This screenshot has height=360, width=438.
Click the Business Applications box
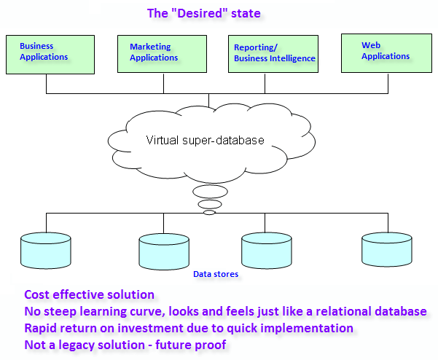pyautogui.click(x=50, y=55)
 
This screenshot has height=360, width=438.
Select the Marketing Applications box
pyautogui.click(x=162, y=54)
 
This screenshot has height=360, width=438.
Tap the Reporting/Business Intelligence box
pyautogui.click(x=273, y=54)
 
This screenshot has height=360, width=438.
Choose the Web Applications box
pyautogui.click(x=386, y=53)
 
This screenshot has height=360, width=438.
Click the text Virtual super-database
pyautogui.click(x=205, y=140)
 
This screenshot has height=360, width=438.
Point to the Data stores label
pyautogui.click(x=216, y=274)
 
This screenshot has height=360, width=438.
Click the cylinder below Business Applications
pyautogui.click(x=46, y=251)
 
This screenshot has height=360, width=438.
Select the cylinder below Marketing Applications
pyautogui.click(x=164, y=251)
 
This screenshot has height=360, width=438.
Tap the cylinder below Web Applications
pyautogui.click(x=387, y=249)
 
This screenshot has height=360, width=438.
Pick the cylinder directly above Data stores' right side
pyautogui.click(x=267, y=251)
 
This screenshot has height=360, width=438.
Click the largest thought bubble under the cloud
pyautogui.click(x=210, y=192)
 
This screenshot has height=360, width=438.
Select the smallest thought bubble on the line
pyautogui.click(x=209, y=213)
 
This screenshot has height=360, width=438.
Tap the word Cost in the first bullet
pyautogui.click(x=37, y=294)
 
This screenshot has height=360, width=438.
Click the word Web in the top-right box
pyautogui.click(x=371, y=45)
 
